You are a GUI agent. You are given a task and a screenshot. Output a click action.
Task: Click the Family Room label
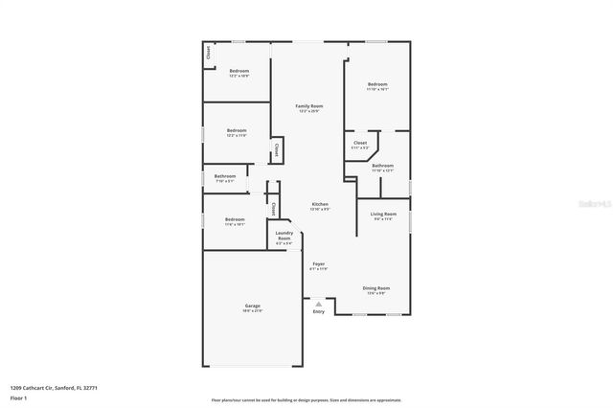coord(308,106)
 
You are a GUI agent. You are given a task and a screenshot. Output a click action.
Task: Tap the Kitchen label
coord(320,205)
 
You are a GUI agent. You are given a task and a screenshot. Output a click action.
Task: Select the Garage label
coord(253,307)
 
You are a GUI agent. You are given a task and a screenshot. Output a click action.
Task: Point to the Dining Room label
coord(375,288)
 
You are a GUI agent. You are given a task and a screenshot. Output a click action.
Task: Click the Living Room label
coord(383,215)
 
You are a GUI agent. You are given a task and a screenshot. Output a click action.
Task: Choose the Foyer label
coord(318,265)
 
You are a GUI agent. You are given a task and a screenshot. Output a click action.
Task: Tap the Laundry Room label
coord(284,235)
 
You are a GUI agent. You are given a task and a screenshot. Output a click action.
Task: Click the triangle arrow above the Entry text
coord(318,302)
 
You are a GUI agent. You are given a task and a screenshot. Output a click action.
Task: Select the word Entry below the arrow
coord(318,311)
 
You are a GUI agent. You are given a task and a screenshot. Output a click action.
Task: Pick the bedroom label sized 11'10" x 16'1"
coord(377,85)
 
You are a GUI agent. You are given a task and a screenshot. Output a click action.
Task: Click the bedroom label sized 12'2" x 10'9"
coord(239,72)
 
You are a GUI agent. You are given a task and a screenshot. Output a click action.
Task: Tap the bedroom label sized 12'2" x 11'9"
coord(237,131)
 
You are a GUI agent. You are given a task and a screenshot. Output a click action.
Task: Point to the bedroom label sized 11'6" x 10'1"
coord(235,220)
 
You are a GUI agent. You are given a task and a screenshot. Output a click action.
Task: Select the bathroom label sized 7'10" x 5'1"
coord(225,176)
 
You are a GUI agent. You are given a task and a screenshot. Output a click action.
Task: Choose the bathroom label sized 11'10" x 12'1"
coord(382,167)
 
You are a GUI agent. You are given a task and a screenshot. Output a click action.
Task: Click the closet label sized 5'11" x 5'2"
coord(360,144)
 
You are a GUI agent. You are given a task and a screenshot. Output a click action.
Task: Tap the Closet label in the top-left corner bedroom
coord(208,56)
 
